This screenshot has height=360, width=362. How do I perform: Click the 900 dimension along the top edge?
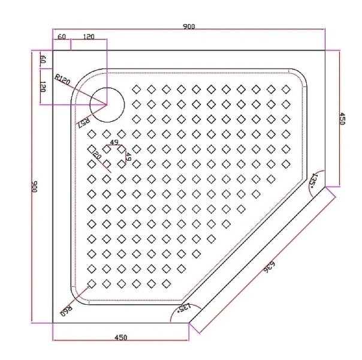(x=189, y=27)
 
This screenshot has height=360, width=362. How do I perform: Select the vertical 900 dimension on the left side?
(x=34, y=187)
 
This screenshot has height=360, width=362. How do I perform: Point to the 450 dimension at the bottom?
(x=120, y=338)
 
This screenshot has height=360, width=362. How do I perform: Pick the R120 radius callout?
(x=62, y=79)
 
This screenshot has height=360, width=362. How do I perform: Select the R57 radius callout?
(x=83, y=122)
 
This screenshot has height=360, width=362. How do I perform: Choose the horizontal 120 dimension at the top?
(x=88, y=37)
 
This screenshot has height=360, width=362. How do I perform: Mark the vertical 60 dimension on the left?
(x=43, y=60)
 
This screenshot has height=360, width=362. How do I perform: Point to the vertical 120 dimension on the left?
(x=43, y=87)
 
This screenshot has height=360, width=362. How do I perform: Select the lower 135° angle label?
(x=184, y=308)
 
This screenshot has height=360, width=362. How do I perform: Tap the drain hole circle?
(x=108, y=103)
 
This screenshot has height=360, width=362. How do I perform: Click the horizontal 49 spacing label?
(x=114, y=143)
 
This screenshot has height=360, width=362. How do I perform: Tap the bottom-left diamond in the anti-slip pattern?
(x=92, y=283)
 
